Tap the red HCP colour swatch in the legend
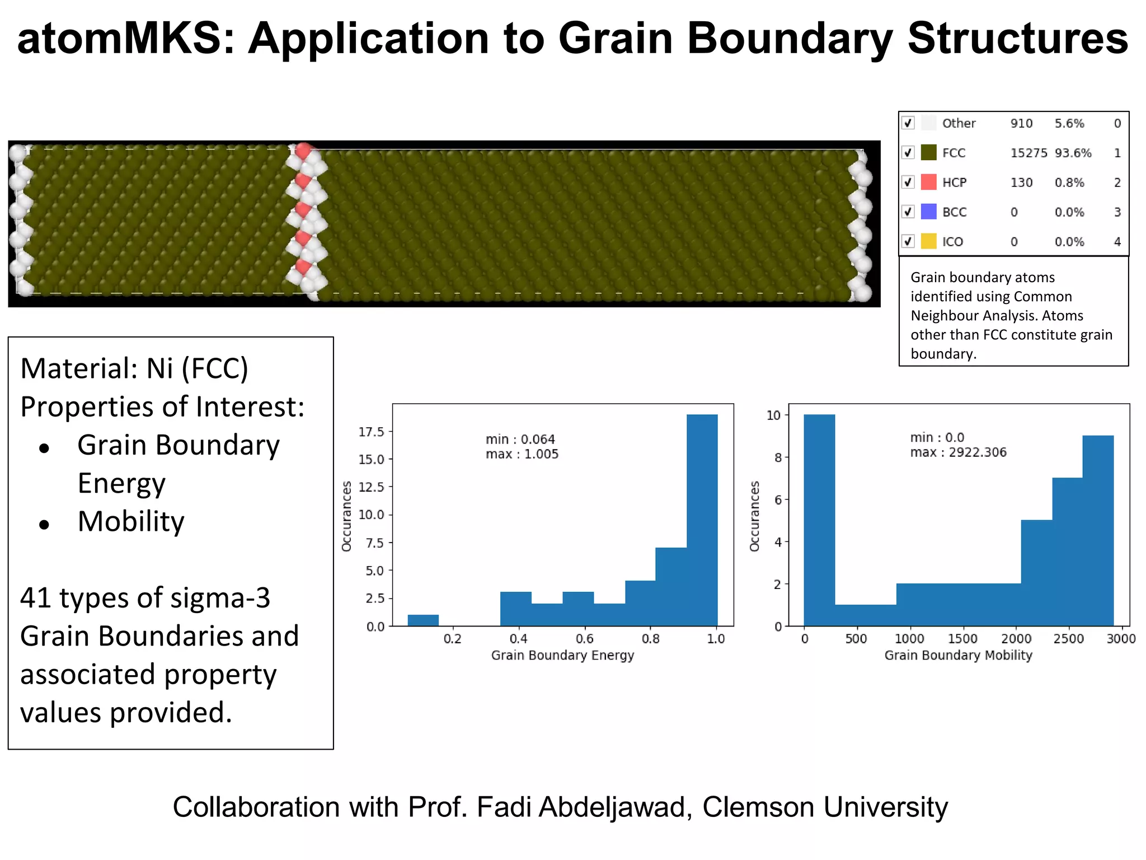point(929,183)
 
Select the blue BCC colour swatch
point(929,212)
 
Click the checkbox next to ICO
point(908,242)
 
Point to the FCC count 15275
point(1028,153)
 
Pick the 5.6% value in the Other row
point(1069,123)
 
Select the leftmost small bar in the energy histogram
point(423,620)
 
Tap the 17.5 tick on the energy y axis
point(372,432)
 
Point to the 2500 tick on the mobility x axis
point(1069,639)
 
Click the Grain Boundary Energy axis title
point(562,655)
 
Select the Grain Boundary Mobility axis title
point(958,655)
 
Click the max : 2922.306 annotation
point(958,452)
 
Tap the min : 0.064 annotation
point(520,439)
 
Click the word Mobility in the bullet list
point(131,522)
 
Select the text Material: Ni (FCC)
point(134,369)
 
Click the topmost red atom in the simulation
point(303,151)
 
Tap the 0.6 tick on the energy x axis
point(585,639)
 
